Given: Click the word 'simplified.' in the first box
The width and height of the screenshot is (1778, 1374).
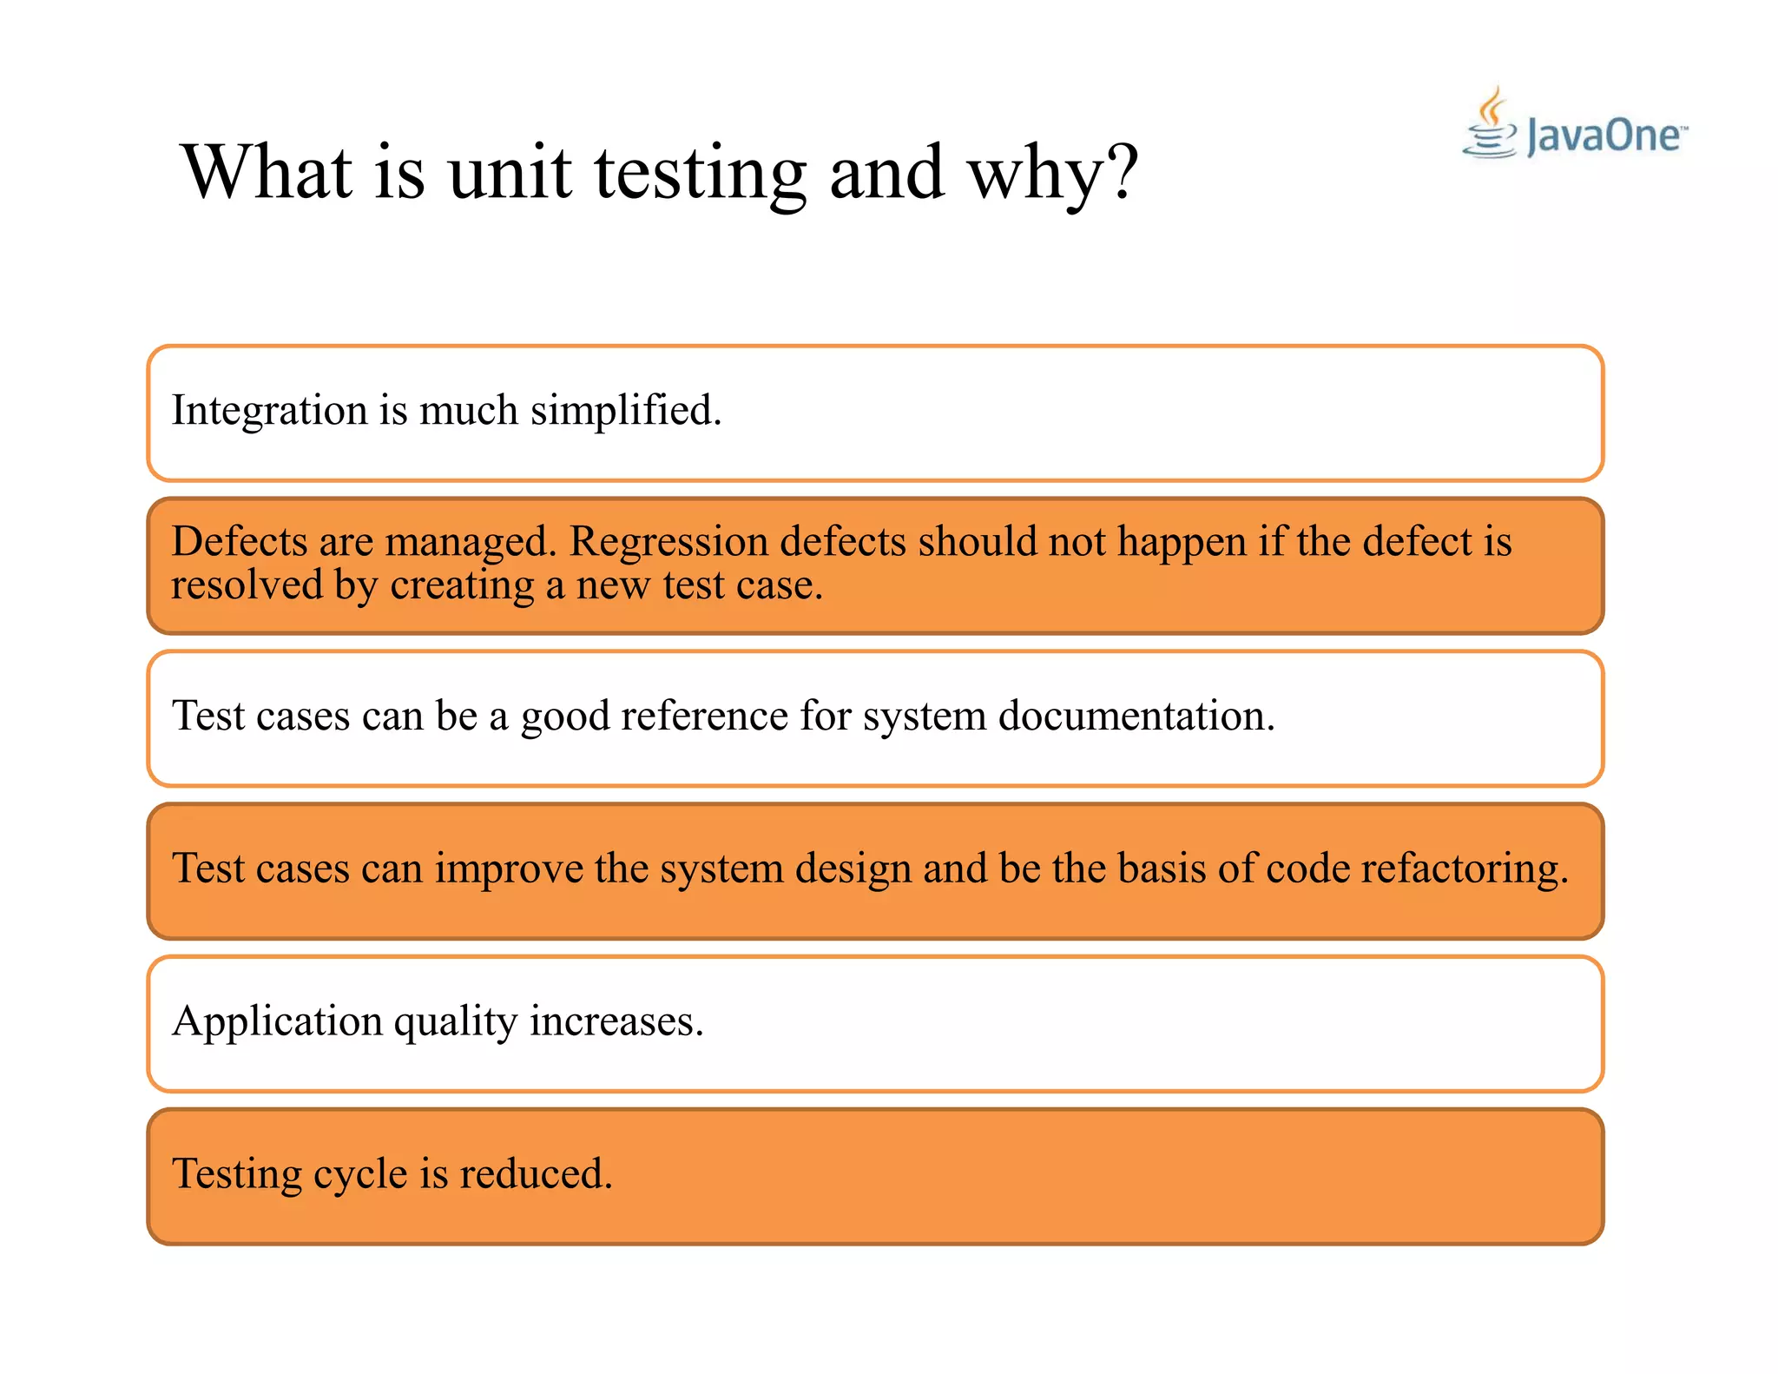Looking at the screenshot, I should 625,410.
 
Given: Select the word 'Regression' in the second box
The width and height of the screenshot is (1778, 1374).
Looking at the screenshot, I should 668,542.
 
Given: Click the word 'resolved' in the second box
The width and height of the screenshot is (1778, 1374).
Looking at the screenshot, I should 247,585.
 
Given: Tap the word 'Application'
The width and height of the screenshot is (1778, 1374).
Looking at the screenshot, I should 277,1021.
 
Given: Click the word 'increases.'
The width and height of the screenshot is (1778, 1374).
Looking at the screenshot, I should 616,1021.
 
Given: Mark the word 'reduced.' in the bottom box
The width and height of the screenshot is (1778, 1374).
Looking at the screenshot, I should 536,1173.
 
